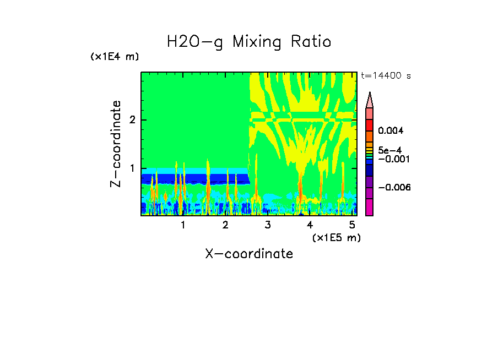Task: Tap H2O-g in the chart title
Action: (x=195, y=42)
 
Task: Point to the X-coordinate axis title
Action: (x=249, y=254)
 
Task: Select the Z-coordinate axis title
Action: (x=116, y=144)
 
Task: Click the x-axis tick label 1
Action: (x=183, y=225)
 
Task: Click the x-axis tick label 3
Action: (x=268, y=225)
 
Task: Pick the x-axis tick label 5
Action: (x=352, y=225)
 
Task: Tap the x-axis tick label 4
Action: (x=310, y=225)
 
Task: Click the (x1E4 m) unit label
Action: (x=115, y=57)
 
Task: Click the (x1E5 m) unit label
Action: (x=336, y=237)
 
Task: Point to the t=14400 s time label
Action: (x=386, y=76)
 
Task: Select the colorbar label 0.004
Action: (x=391, y=131)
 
